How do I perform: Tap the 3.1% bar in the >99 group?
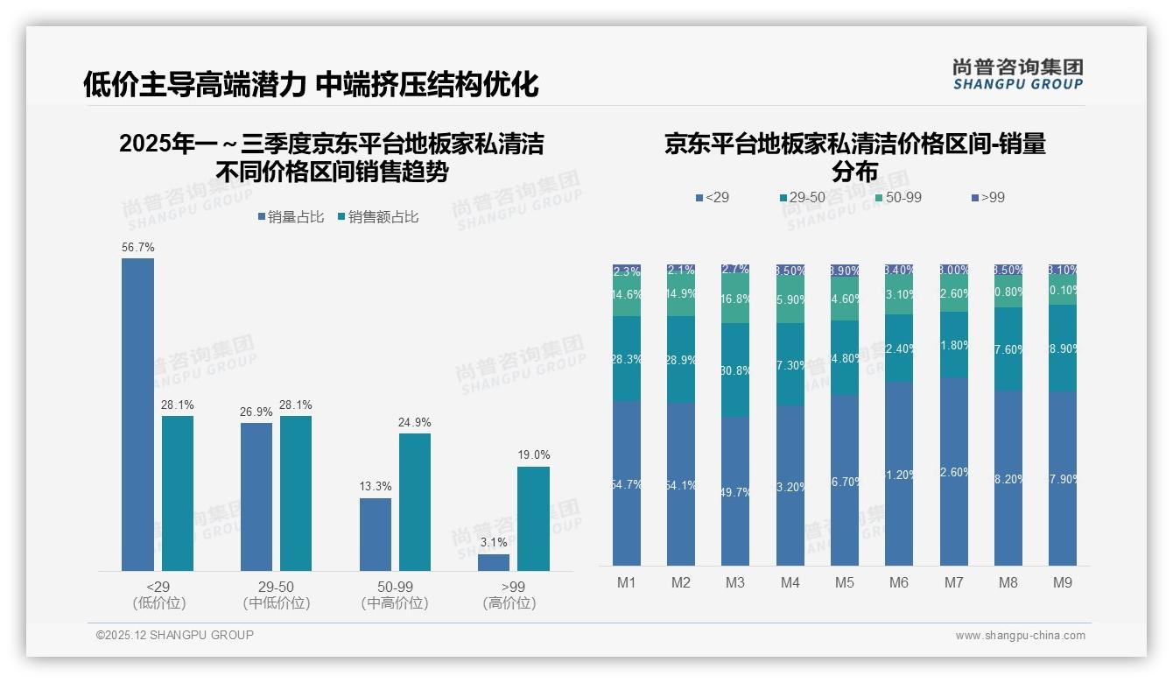coord(494,562)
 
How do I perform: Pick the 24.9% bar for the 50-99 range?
coord(415,502)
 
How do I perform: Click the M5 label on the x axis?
coord(844,582)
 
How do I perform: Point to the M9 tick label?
coord(1062,582)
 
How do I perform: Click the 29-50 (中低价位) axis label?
coord(276,595)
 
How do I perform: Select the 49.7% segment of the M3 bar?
coord(735,490)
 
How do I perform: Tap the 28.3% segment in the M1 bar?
coord(627,358)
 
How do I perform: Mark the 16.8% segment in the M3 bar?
coord(735,298)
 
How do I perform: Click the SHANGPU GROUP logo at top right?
coord(1017,74)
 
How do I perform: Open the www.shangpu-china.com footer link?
coord(1020,636)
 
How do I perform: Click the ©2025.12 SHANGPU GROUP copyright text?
coord(175,635)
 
